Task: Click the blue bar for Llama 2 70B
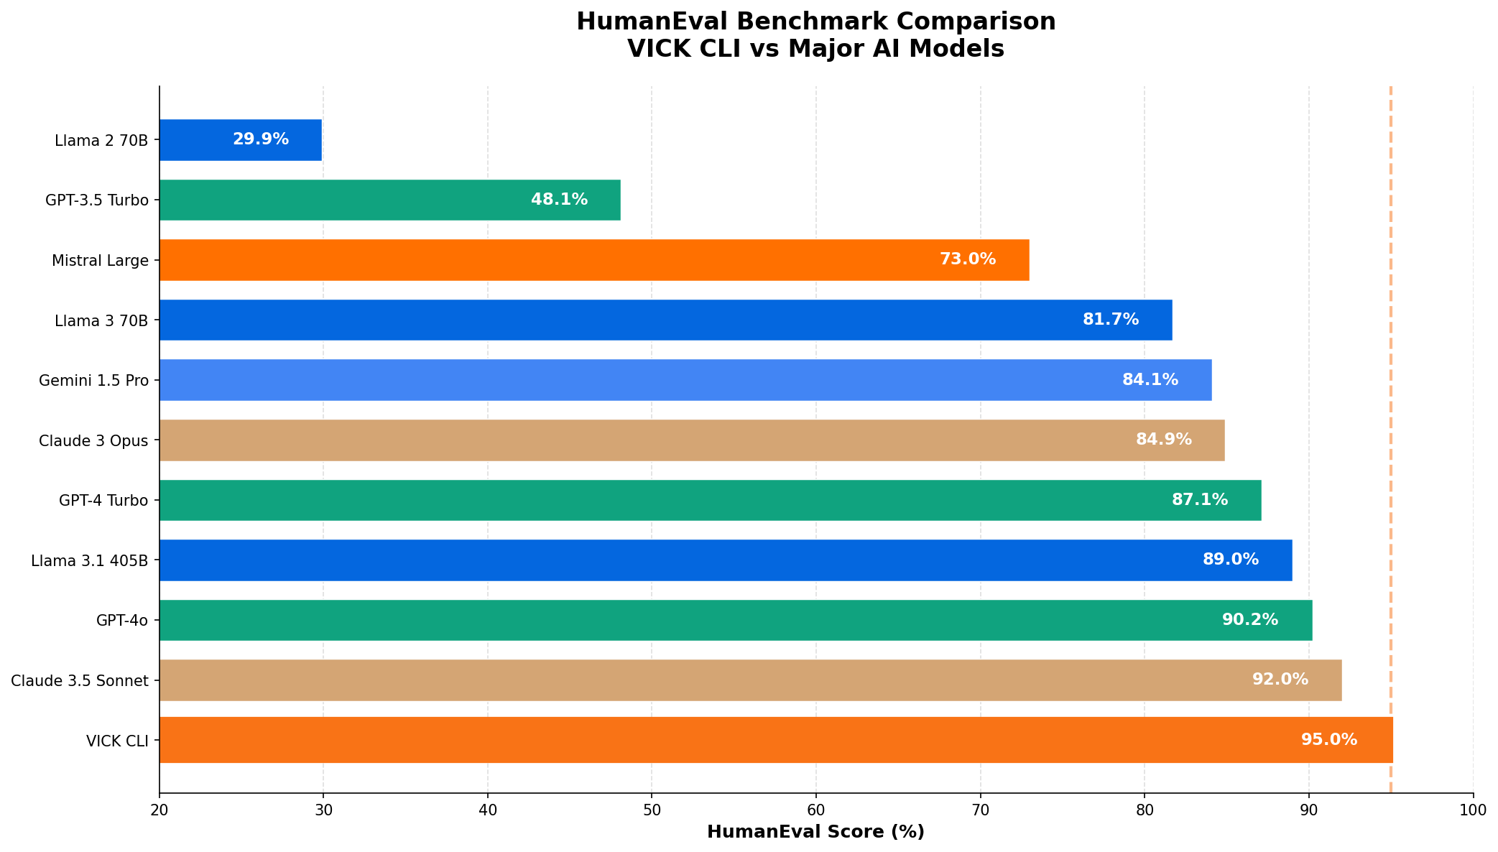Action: point(216,140)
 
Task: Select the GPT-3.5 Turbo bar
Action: point(359,200)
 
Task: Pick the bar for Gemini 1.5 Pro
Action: point(647,380)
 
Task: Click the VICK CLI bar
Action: point(718,740)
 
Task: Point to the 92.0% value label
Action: point(1280,680)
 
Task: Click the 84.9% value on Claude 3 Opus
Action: point(1164,440)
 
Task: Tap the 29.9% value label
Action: point(261,140)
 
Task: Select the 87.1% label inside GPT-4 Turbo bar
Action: point(1200,500)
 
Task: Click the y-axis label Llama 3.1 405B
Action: point(90,560)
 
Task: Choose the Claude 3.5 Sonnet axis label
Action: point(80,680)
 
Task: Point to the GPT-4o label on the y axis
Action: point(122,621)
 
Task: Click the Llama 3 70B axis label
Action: point(101,320)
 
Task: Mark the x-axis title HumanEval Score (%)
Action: point(815,833)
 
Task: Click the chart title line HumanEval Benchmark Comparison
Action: point(815,22)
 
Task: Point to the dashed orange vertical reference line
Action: point(1391,359)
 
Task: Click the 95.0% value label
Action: point(1329,740)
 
